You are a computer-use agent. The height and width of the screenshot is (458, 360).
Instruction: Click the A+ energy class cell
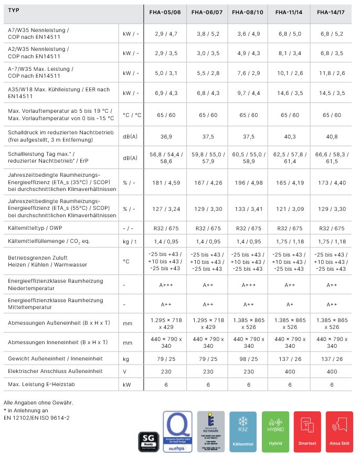[290, 304]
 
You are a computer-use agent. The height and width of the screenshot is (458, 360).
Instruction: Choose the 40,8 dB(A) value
[331, 136]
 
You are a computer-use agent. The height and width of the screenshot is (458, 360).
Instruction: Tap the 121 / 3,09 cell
[290, 209]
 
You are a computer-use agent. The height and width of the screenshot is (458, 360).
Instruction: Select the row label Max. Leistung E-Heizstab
[41, 384]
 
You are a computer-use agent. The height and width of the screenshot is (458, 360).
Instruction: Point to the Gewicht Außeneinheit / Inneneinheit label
[55, 359]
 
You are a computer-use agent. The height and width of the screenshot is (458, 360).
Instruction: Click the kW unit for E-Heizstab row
[126, 384]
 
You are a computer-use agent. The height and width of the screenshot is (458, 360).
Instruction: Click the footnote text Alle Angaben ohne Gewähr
[40, 402]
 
